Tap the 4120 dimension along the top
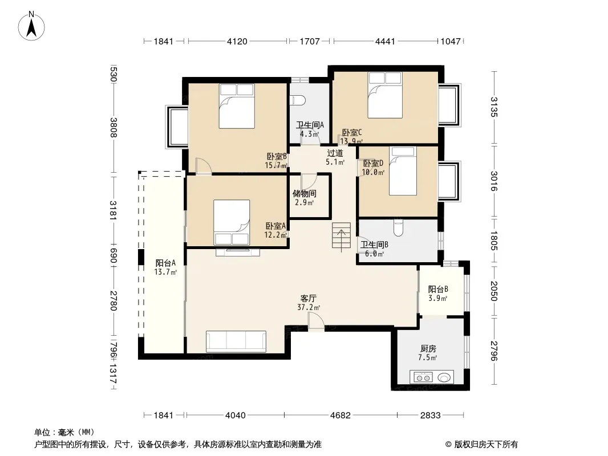coord(237,41)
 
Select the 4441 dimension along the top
coord(385,41)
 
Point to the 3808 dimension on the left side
coord(113,128)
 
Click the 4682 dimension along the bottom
coord(340,416)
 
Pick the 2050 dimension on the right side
coord(493,291)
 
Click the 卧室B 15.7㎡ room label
coord(277,161)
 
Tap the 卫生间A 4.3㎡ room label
coord(310,129)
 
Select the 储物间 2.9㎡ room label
coord(305,198)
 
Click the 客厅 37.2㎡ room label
coord(309,303)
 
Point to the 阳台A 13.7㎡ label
coord(165,267)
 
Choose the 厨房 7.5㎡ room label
coord(428,353)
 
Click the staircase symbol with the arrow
coord(341,235)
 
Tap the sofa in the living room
coord(236,341)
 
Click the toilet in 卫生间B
coord(398,227)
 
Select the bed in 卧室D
coord(403,171)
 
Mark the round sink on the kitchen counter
coord(444,377)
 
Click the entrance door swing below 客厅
coord(316,321)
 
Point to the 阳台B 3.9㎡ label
coord(438,294)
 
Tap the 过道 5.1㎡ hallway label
coord(335,157)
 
